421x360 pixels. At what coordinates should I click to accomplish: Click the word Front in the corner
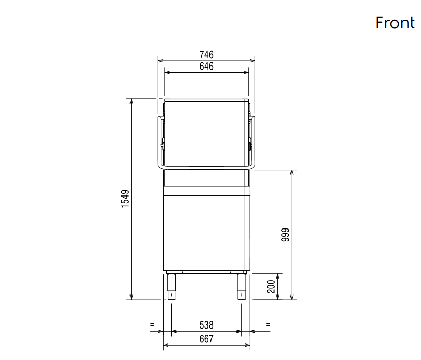395,23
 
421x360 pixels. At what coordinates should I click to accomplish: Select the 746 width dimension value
206,55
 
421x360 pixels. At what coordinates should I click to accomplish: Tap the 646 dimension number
206,67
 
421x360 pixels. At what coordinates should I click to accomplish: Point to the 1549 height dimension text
125,199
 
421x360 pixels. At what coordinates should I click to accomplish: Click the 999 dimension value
285,235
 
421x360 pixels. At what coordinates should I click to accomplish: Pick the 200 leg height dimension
271,286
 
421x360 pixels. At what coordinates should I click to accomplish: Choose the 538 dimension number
206,325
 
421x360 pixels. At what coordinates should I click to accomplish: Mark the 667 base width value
206,339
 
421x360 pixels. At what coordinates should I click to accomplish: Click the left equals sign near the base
152,325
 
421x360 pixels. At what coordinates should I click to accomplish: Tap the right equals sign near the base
268,325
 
